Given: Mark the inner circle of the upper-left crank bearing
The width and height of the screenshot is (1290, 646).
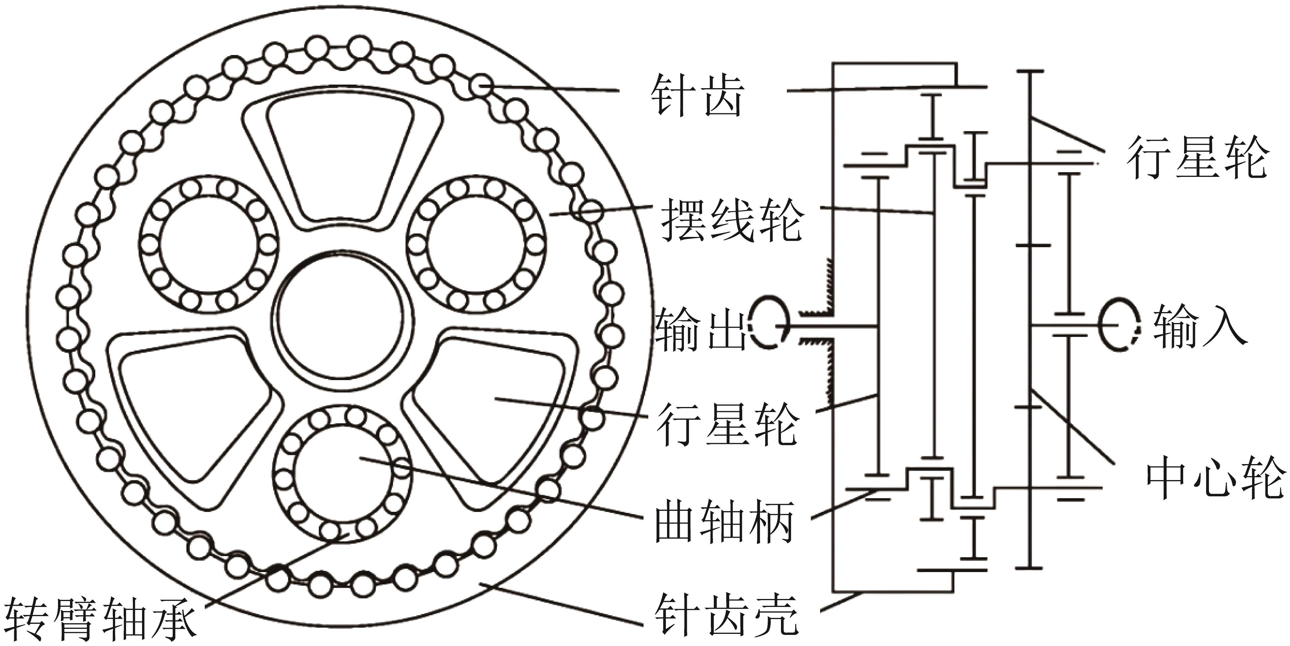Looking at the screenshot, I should pos(208,245).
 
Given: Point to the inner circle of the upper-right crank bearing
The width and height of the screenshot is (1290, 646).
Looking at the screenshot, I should pos(476,245).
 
